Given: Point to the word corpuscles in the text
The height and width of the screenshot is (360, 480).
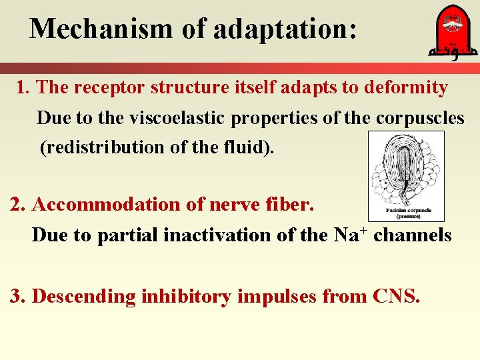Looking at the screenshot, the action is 420,118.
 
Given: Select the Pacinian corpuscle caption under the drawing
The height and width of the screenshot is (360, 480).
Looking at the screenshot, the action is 406,213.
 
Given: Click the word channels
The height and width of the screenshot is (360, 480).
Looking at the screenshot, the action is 413,235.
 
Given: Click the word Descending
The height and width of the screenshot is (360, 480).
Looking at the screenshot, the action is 84,296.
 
